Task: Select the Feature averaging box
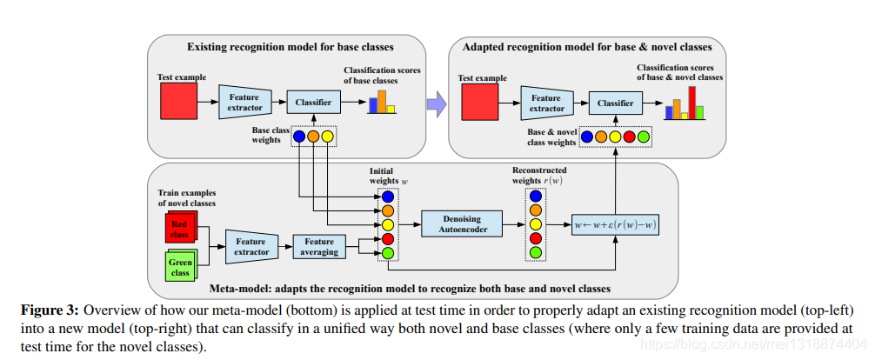319,248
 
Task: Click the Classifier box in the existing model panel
313,103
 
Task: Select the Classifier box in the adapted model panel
615,103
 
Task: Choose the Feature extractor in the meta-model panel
250,248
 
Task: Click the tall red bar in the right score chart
692,102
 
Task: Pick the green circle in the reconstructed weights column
535,253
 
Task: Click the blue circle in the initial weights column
388,197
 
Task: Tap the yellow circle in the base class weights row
328,137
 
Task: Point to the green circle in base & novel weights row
644,137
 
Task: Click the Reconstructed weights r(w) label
539,176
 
